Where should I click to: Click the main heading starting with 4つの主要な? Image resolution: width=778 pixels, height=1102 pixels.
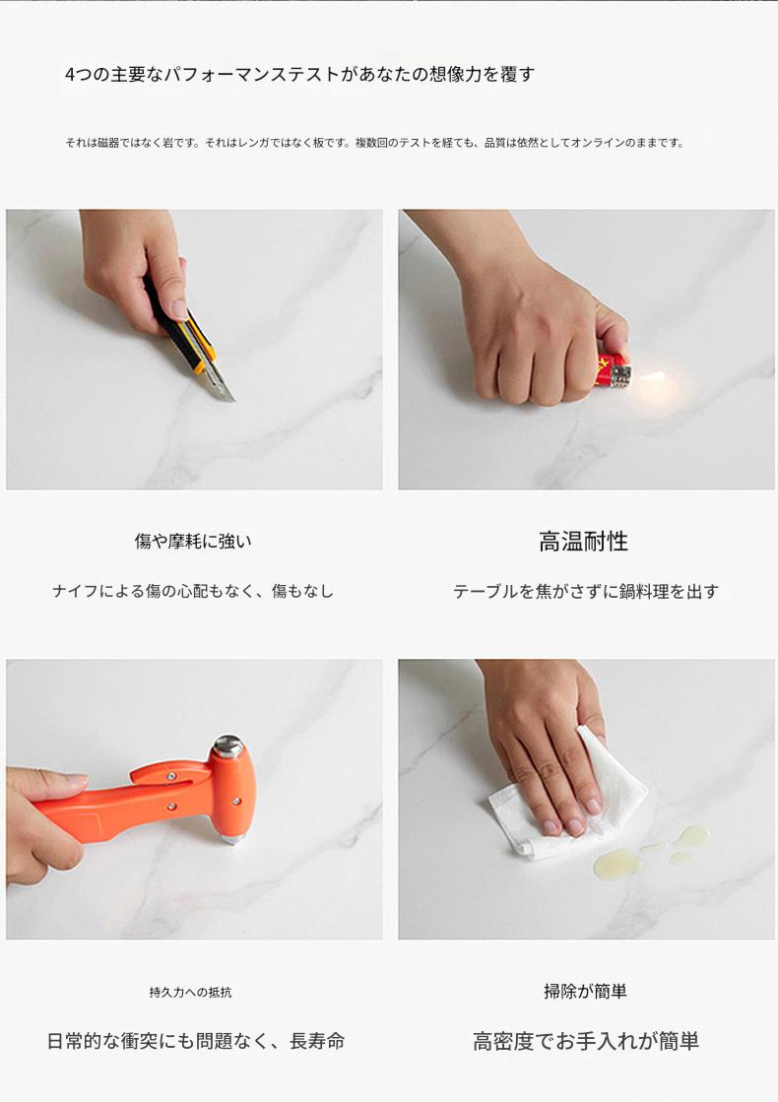pos(299,75)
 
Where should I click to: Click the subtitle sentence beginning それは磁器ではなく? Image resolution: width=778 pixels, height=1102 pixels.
pos(374,143)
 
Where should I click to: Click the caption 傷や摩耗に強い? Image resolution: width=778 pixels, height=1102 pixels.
pos(193,542)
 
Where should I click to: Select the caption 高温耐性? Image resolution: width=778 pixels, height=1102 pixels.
pos(583,542)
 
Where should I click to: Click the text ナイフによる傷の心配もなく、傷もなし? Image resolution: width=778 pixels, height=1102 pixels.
pos(193,591)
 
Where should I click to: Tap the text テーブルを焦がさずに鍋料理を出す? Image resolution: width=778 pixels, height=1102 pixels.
pos(586,592)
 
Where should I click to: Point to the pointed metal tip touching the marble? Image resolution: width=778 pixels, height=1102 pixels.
pos(232,838)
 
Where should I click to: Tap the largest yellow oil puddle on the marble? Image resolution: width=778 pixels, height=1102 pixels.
pos(616,863)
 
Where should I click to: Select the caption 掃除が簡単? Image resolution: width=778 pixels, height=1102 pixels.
pos(585,992)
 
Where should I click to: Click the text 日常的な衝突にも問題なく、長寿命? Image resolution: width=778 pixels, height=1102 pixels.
pos(196,1041)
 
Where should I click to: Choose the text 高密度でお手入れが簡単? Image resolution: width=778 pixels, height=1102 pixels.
pos(586,1042)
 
